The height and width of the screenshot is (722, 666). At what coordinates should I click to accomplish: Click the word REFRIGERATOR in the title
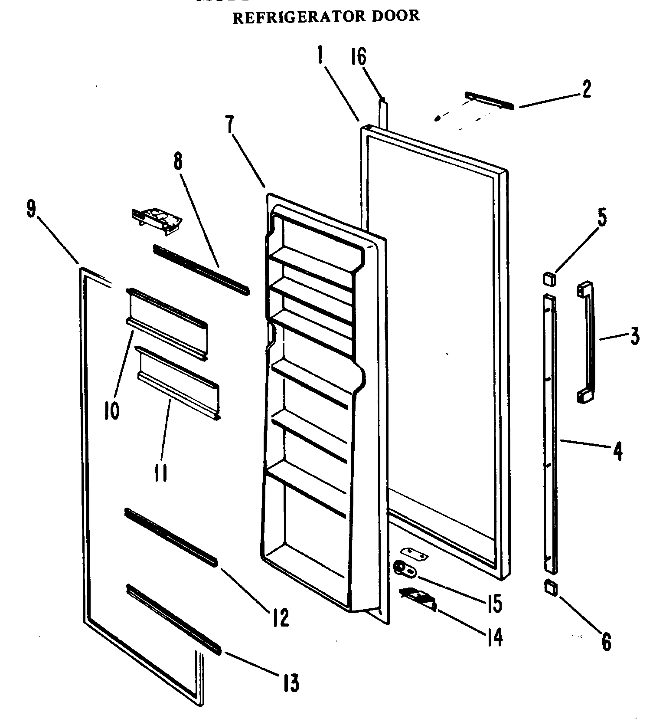(x=295, y=17)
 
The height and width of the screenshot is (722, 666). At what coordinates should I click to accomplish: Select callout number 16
(x=359, y=56)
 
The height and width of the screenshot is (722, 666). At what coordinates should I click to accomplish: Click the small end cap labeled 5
(x=549, y=278)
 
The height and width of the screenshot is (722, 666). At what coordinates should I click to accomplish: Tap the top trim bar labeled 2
(x=489, y=100)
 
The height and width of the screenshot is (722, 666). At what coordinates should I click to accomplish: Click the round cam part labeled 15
(x=401, y=568)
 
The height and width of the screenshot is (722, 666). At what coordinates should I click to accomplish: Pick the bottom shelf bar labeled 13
(x=173, y=619)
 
